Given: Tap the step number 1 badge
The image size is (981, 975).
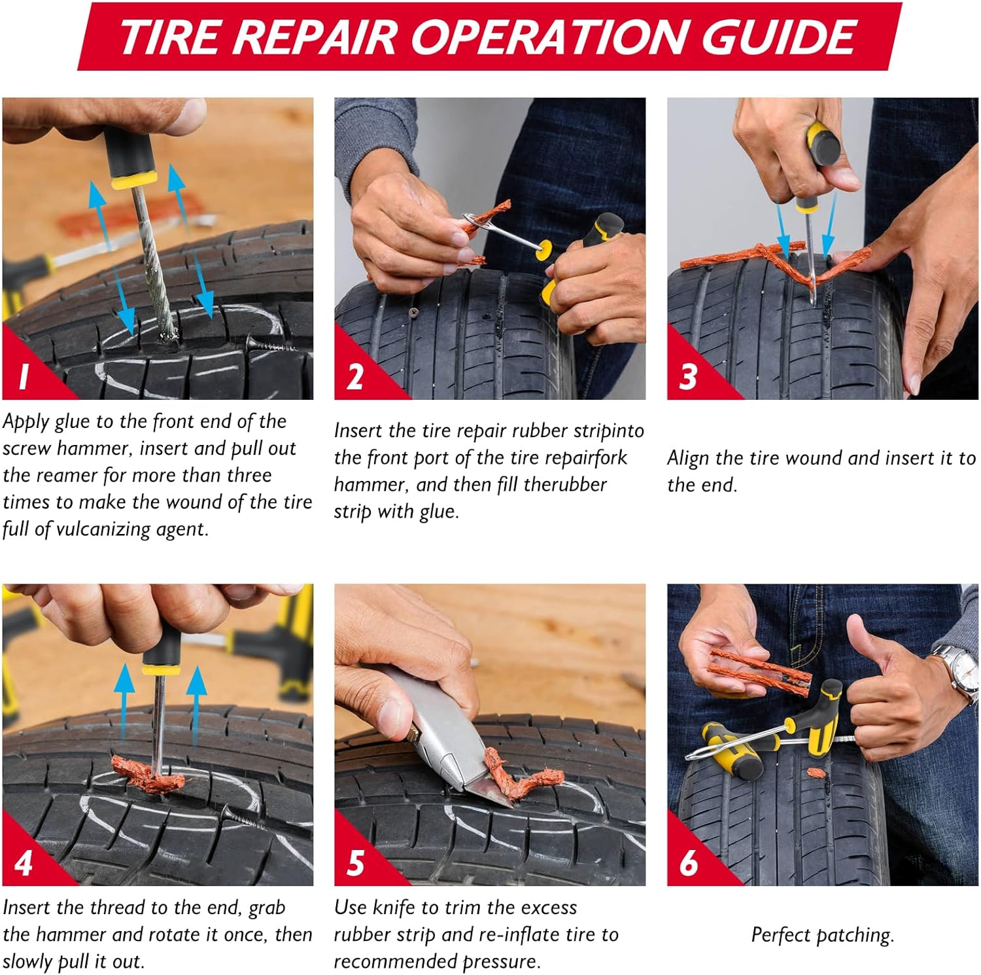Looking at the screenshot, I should click(24, 376).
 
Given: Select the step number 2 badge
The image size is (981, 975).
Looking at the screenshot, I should click(355, 377).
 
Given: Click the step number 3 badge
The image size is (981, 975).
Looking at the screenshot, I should click(688, 377).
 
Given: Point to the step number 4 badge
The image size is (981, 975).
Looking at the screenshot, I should click(24, 863).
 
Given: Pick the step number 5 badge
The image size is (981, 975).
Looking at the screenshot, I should click(355, 863).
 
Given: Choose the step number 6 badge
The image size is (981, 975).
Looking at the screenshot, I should click(688, 863).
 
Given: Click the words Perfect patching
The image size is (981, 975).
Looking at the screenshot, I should click(822, 934).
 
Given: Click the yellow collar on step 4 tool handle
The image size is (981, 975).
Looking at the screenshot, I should click(161, 669).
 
